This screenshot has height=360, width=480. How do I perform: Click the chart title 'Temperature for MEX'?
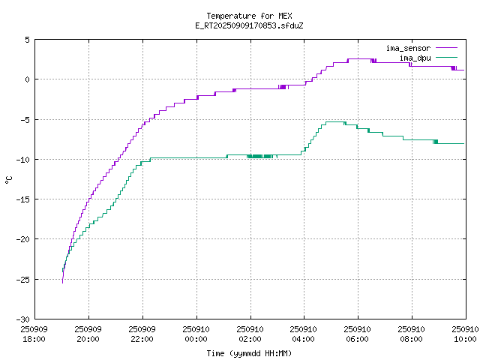point(249,16)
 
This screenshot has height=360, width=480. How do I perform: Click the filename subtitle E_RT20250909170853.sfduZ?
point(249,25)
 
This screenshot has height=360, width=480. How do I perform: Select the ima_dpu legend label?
point(414,58)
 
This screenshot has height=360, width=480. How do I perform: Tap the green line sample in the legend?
point(446,58)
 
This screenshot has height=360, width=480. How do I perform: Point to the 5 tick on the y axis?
point(27,40)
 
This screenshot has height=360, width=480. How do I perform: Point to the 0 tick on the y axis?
point(27,79)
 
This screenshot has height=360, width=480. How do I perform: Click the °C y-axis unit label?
point(9,179)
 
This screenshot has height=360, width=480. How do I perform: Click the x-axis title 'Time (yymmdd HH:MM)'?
point(249,353)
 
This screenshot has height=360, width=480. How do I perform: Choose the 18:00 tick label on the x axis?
point(34,334)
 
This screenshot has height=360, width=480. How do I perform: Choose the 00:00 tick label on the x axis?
point(196,334)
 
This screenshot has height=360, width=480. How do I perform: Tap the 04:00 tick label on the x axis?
point(304,334)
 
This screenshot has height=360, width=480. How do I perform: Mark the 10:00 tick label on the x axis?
point(465,334)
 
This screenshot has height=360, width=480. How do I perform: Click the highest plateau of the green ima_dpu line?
point(334,121)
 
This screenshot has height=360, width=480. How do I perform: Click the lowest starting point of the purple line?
point(62,282)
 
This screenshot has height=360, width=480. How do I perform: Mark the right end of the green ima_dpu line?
point(464,143)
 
